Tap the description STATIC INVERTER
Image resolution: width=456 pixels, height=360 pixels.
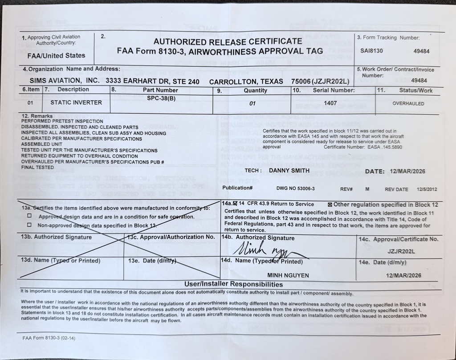click(x=76, y=102)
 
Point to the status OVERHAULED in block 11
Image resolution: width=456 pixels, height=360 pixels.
click(x=408, y=103)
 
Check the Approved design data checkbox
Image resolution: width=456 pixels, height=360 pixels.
click(x=29, y=216)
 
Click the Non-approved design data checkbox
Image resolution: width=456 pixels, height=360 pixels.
click(x=29, y=225)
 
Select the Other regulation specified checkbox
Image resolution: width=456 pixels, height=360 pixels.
click(x=330, y=205)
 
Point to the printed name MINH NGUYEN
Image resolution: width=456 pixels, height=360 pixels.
click(x=288, y=275)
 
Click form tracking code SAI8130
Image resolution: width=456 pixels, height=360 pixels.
click(x=371, y=51)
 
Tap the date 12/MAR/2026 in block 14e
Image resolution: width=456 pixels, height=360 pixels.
click(x=403, y=275)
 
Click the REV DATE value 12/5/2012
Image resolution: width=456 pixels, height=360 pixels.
click(x=426, y=189)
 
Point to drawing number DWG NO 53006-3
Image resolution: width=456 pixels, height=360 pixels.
click(x=295, y=188)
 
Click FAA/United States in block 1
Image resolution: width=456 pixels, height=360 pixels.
click(x=56, y=56)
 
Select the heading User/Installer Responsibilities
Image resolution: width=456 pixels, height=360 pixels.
click(x=233, y=284)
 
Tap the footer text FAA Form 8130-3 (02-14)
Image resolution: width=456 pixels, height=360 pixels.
click(x=49, y=338)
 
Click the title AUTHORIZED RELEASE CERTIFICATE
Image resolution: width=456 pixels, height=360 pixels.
click(x=220, y=41)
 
